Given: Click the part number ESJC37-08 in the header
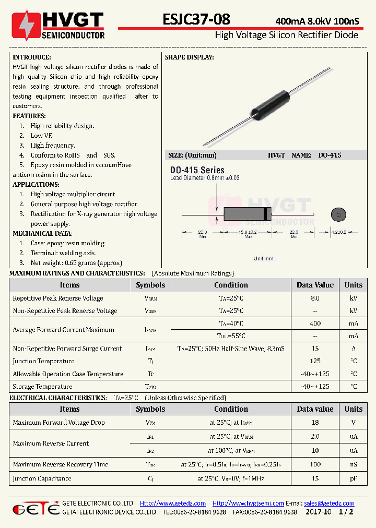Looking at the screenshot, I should [x=196, y=19].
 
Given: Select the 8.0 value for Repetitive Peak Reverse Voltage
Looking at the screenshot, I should [x=315, y=298].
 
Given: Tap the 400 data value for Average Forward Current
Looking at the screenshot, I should [x=315, y=323].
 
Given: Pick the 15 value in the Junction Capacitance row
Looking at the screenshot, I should [x=315, y=478].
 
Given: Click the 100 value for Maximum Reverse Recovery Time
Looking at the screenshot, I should [x=315, y=464].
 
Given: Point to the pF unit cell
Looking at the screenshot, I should [x=353, y=478].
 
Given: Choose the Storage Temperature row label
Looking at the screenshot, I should [x=42, y=387].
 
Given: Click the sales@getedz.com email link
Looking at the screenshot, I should [x=329, y=503].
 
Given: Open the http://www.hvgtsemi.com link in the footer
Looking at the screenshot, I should [x=248, y=503].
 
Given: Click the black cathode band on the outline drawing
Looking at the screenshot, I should [x=266, y=214].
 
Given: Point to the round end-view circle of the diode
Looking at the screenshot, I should [x=338, y=214].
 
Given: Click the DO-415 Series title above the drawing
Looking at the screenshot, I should [x=197, y=170].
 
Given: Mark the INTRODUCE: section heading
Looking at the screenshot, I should [x=31, y=57].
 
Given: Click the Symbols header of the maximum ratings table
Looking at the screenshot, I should [x=150, y=285].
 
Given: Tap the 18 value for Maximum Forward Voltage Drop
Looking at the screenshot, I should [x=315, y=423].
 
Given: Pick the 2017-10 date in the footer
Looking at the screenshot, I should [x=320, y=512].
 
